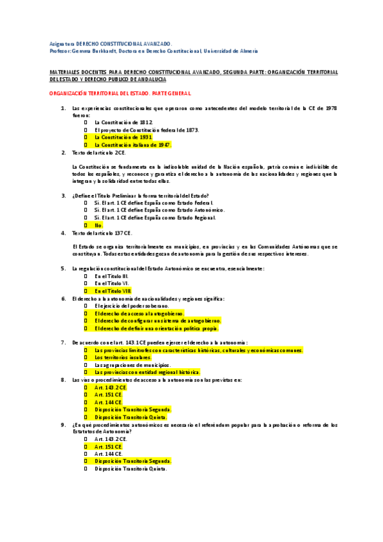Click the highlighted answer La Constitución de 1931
click(123, 137)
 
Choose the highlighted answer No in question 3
click(98, 225)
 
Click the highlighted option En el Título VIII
click(113, 290)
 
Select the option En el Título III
click(111, 275)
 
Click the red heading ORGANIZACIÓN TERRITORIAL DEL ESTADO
click(120, 93)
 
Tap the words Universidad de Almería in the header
click(231, 50)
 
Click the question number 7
click(63, 343)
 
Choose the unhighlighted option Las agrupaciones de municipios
click(135, 364)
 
